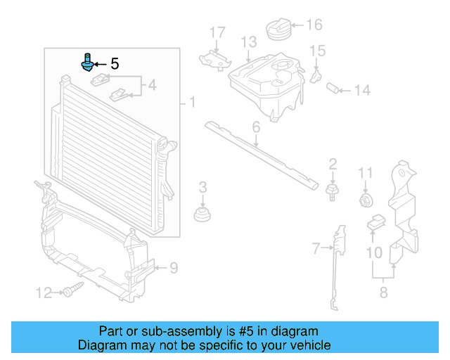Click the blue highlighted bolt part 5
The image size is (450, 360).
[x=88, y=63]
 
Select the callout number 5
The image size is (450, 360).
[x=115, y=64]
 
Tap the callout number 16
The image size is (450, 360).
[x=314, y=25]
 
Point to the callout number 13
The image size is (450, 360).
[x=249, y=43]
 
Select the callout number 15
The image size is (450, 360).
[x=318, y=50]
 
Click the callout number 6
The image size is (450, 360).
[x=255, y=127]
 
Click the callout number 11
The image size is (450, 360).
[x=366, y=173]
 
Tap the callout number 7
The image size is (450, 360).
[x=316, y=247]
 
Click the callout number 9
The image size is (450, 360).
[x=174, y=266]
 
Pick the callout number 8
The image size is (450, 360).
[x=383, y=292]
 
